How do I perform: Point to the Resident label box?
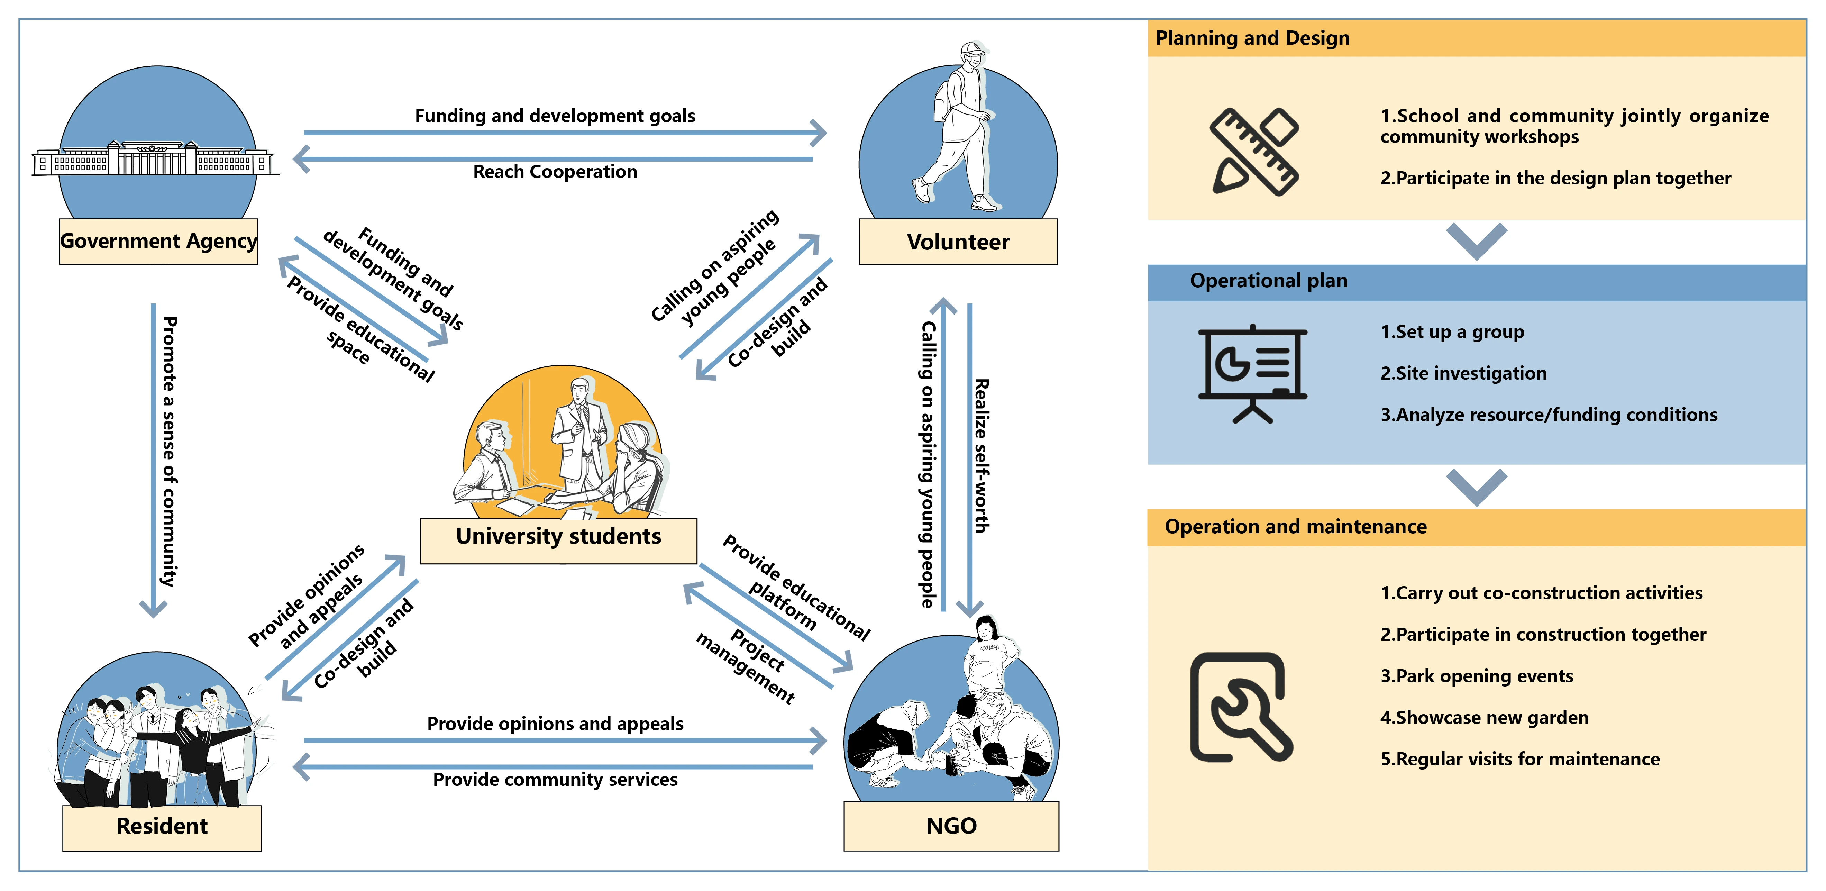click(162, 827)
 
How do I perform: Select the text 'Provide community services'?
click(555, 780)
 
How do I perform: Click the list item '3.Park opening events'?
click(1477, 676)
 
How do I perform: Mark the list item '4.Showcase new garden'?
click(1484, 718)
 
